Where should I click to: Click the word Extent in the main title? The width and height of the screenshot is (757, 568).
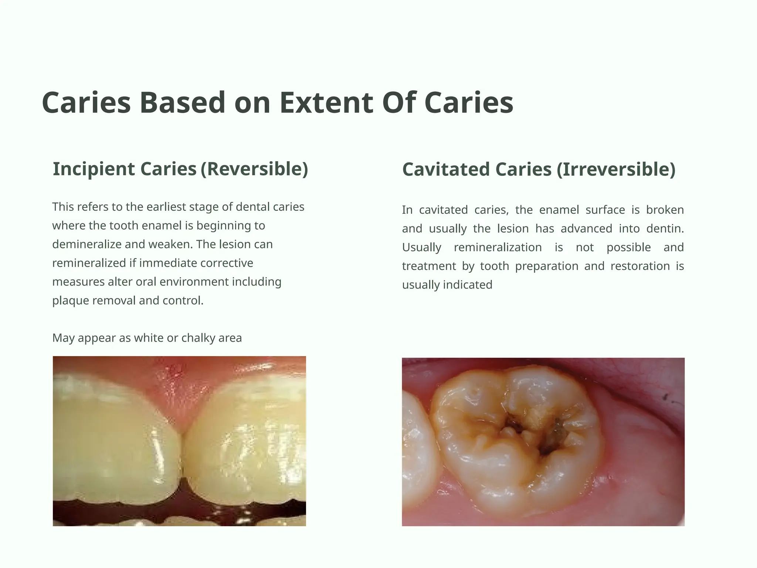point(326,103)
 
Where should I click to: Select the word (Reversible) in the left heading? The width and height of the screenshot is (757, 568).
point(254,169)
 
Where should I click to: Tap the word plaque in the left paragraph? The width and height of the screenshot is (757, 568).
point(71,301)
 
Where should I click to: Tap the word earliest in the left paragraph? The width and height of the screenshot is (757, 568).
point(166,207)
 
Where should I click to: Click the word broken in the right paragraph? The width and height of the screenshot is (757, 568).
point(665,210)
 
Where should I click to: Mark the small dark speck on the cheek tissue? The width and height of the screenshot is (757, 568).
point(665,398)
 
